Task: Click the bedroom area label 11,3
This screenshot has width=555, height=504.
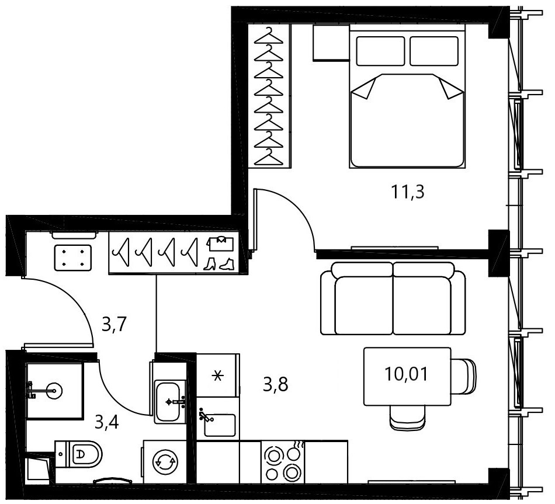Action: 407,192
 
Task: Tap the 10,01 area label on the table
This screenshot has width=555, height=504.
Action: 406,374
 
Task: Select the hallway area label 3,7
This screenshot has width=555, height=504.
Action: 114,325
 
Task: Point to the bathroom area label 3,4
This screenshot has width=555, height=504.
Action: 106,422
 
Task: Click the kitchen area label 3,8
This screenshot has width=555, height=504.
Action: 275,384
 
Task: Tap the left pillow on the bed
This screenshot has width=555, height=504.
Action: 380,51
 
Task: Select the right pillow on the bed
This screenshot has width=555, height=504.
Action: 434,51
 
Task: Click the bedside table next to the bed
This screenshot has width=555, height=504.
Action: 331,43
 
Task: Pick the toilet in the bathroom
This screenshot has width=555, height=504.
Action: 78,454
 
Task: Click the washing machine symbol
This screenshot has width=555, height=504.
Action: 165,461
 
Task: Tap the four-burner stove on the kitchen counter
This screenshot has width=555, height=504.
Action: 283,462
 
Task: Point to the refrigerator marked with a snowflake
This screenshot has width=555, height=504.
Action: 218,375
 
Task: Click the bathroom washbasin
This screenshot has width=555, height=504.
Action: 170,401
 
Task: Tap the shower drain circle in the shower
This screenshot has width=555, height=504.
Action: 54,391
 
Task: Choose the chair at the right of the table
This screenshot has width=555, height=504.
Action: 463,376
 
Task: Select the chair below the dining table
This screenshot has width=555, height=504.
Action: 407,418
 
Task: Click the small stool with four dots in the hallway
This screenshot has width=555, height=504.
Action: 73,258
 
